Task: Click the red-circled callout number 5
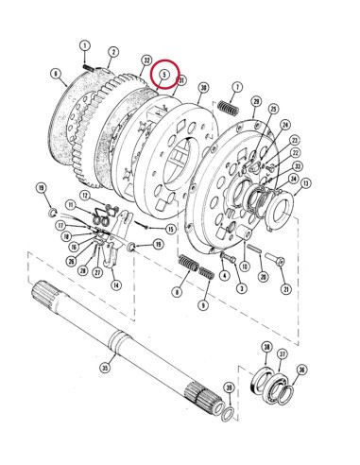(164, 73)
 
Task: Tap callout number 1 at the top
(84, 45)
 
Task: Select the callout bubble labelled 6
(57, 73)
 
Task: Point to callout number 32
(146, 60)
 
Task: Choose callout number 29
(254, 101)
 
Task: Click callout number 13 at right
(306, 182)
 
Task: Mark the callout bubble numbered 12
(84, 196)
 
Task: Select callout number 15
(170, 229)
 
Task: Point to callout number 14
(115, 284)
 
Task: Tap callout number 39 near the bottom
(228, 387)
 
